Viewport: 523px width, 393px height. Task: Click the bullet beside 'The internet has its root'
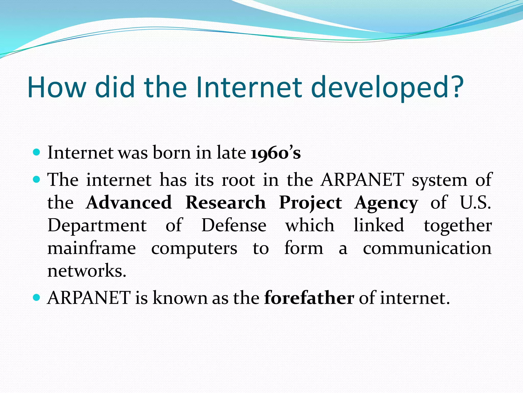tap(37, 180)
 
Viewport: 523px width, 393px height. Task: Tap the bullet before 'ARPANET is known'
tap(37, 298)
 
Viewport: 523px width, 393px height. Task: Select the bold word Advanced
tap(129, 203)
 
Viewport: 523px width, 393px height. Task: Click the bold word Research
tap(225, 203)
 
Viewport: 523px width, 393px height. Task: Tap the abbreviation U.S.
tap(475, 203)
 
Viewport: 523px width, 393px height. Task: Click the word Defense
tap(234, 225)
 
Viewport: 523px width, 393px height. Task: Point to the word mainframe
tap(92, 248)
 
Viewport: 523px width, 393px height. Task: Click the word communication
tap(427, 248)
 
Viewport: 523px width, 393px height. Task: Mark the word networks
tap(87, 271)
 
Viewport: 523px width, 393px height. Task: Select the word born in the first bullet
tap(171, 153)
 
